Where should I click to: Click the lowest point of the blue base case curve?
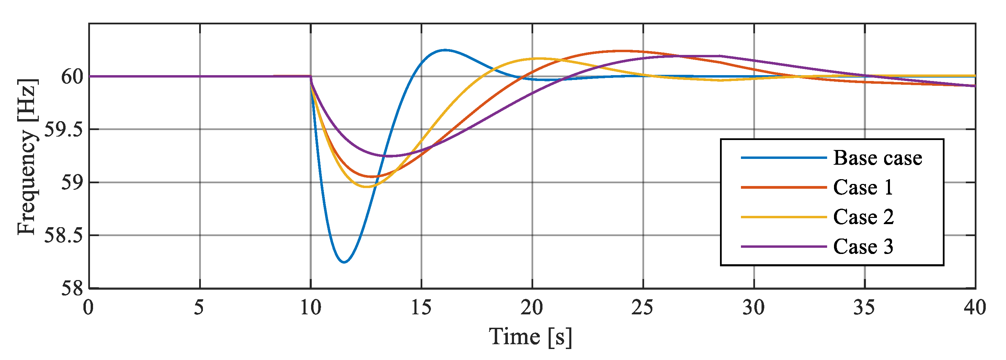[344, 262]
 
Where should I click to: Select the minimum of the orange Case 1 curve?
[372, 177]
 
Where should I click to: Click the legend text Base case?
[878, 158]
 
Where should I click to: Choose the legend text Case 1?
[863, 187]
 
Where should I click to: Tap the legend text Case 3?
[863, 246]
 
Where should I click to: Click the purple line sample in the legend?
[784, 247]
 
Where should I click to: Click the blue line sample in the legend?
[784, 158]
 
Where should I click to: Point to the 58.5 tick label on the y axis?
[64, 236]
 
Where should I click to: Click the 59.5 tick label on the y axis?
[64, 130]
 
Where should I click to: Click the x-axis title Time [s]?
[530, 337]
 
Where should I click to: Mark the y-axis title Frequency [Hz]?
[27, 156]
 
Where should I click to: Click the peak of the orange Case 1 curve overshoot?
[621, 51]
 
